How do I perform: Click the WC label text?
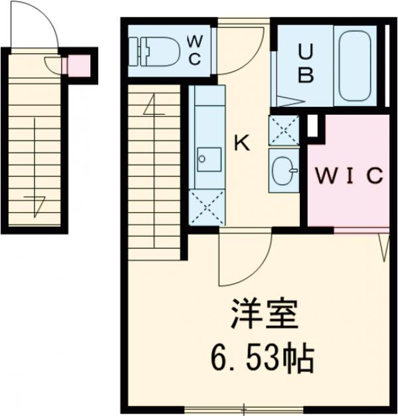[194, 50]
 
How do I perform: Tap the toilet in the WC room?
[157, 50]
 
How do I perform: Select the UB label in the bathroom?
[305, 62]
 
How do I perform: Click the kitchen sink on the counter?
[210, 158]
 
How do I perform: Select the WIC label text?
[348, 176]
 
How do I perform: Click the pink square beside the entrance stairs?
[79, 65]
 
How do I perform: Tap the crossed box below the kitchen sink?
[207, 206]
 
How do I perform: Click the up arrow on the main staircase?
[154, 106]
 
